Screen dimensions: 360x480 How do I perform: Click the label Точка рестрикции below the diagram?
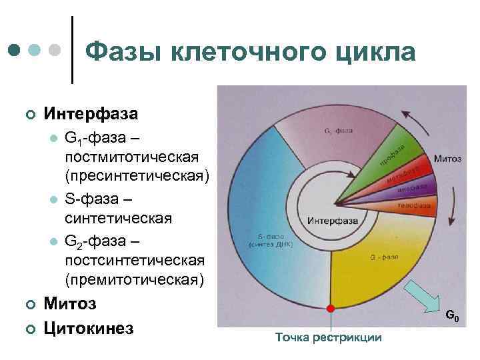329,337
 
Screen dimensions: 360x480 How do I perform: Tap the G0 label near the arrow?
451,315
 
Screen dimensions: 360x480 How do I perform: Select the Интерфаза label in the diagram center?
329,221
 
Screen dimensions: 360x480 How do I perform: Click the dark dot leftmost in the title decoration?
14,50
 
